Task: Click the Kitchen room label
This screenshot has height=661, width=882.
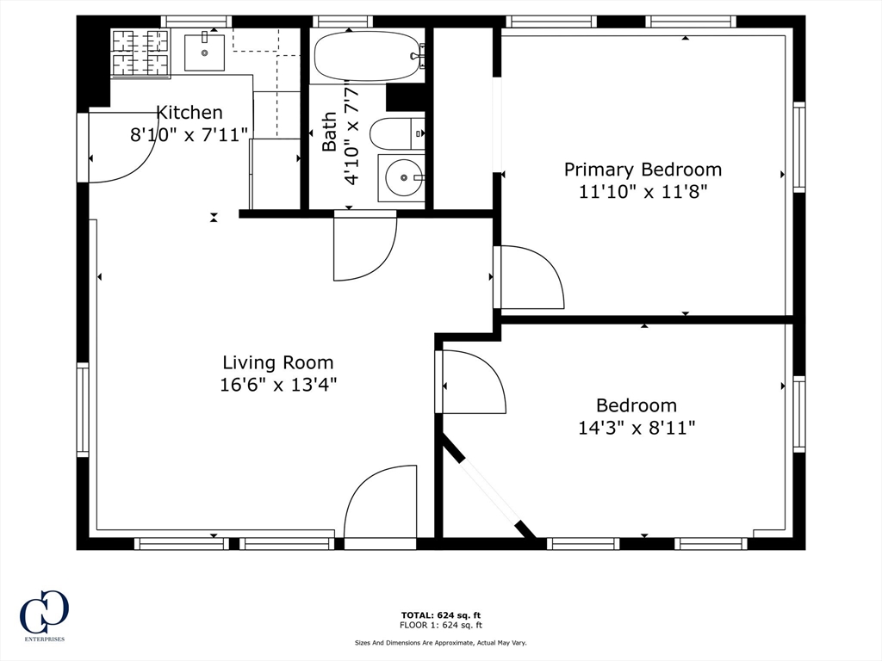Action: coord(189,113)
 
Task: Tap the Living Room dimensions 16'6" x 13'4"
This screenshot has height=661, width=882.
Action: coord(278,385)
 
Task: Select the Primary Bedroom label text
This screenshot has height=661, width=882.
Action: coord(643,170)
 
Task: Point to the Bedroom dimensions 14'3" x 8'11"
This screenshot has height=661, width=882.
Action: coord(637,429)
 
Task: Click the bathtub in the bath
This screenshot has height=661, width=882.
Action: coord(368,56)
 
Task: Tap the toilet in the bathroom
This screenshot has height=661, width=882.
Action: coord(396,133)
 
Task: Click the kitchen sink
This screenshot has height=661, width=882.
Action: coord(204,53)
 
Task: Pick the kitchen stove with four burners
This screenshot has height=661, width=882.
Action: coord(140,53)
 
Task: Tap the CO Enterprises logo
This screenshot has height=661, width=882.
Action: coord(45,615)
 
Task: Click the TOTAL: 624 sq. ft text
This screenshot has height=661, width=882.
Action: coord(441,615)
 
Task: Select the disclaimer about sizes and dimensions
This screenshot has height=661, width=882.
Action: coord(440,642)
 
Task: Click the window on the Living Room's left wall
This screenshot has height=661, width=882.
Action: coord(83,409)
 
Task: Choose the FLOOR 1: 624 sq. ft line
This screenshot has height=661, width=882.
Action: coord(441,625)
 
